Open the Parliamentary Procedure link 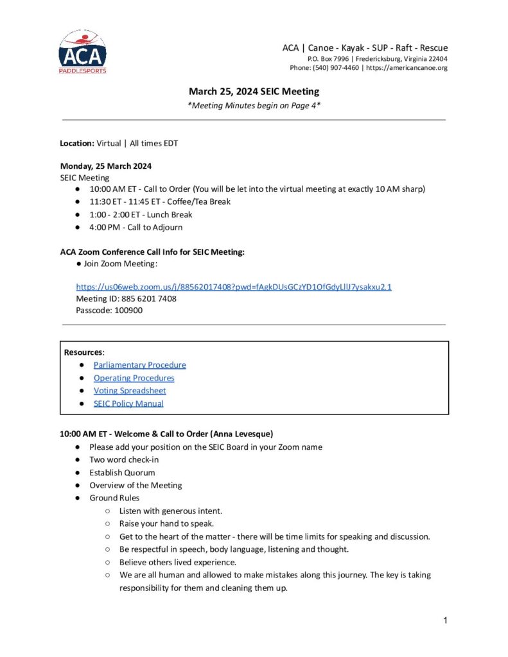139,365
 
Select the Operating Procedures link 134,378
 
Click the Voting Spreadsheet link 130,391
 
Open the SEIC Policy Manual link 128,404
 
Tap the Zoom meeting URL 234,286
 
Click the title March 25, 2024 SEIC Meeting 254,92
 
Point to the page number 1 444,620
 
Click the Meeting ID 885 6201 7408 148,298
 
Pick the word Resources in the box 83,352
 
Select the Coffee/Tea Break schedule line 160,201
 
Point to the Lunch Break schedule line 141,214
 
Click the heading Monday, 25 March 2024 106,166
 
